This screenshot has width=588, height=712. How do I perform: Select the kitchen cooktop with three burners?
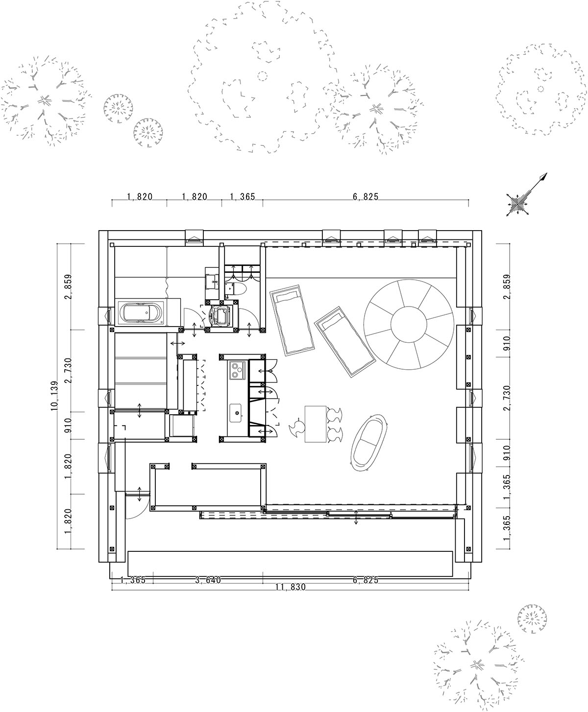coord(237,370)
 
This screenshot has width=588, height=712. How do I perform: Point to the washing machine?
coord(219,316)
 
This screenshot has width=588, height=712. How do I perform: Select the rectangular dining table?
coord(316,424)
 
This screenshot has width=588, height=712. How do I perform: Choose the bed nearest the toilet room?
coord(292,320)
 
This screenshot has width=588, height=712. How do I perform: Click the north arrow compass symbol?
coord(526,196)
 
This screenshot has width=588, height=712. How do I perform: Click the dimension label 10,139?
coord(54,396)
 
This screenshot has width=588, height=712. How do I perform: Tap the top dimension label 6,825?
coord(366,197)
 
